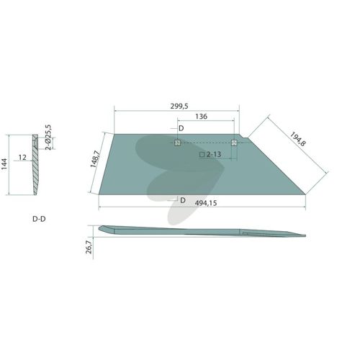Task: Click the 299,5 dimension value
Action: point(179,106)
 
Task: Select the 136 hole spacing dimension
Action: point(201,117)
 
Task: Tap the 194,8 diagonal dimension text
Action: point(298,139)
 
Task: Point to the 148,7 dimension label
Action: point(95,159)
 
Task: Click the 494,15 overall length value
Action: point(206,203)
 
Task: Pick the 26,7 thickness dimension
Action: point(89,247)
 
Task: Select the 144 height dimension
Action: point(4,164)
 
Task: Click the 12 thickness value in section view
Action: point(22,158)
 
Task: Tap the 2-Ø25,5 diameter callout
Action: point(48,137)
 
